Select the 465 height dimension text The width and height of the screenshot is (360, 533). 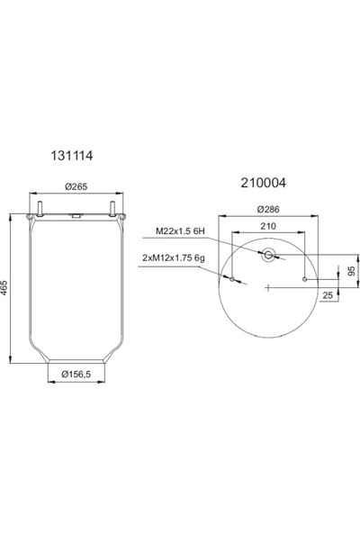coord(7,291)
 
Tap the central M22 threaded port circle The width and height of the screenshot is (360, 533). coord(268,257)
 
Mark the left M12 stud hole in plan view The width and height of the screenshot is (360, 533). coord(232,280)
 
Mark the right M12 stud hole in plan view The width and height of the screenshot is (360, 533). coord(305,280)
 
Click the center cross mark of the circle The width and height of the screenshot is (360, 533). coord(268,288)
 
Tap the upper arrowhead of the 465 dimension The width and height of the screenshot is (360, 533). coord(11,218)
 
